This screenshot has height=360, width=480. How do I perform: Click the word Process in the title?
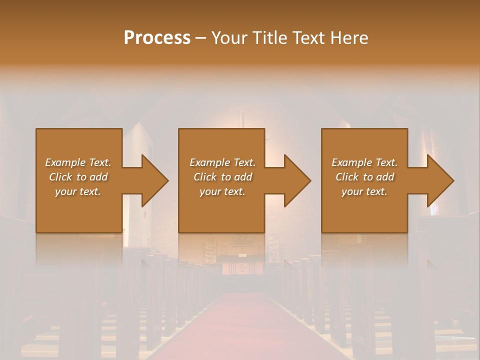click(157, 38)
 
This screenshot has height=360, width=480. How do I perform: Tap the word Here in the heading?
click(349, 38)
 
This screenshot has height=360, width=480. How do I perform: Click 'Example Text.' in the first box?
click(78, 162)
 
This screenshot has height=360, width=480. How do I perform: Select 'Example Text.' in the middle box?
click(222, 162)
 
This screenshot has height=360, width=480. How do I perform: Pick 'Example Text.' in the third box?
click(364, 162)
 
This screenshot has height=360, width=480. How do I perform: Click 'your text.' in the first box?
click(78, 191)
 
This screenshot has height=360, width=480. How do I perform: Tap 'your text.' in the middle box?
click(222, 191)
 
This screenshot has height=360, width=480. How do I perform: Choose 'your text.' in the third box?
click(364, 191)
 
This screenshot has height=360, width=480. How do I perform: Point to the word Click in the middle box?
click(204, 177)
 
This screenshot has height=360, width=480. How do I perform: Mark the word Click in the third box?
click(347, 177)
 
